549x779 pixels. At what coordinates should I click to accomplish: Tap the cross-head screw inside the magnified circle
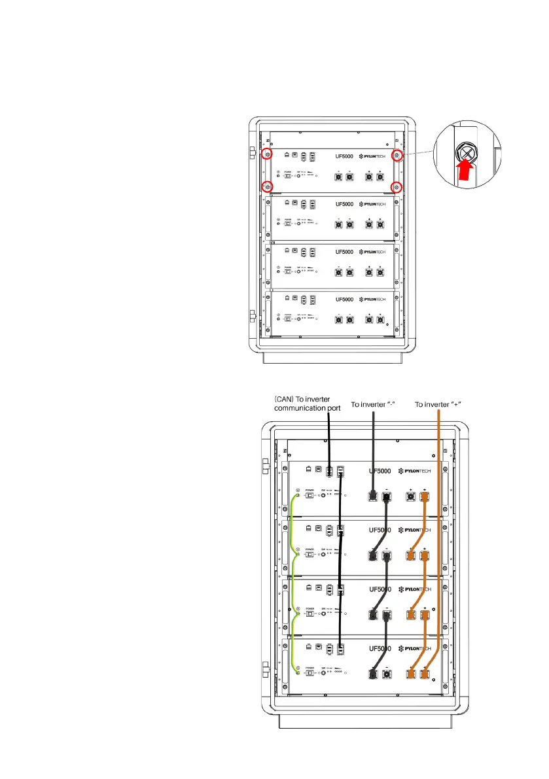point(467,152)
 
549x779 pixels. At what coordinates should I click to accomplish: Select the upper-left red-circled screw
point(266,155)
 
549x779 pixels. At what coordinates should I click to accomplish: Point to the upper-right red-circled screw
point(397,155)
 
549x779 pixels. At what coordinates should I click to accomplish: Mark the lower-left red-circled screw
point(266,187)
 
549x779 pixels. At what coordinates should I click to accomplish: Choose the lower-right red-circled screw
point(397,187)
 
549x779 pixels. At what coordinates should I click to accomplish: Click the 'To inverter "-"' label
point(373,404)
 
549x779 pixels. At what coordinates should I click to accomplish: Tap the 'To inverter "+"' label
point(438,404)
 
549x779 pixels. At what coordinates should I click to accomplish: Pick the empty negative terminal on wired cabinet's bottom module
point(387,673)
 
